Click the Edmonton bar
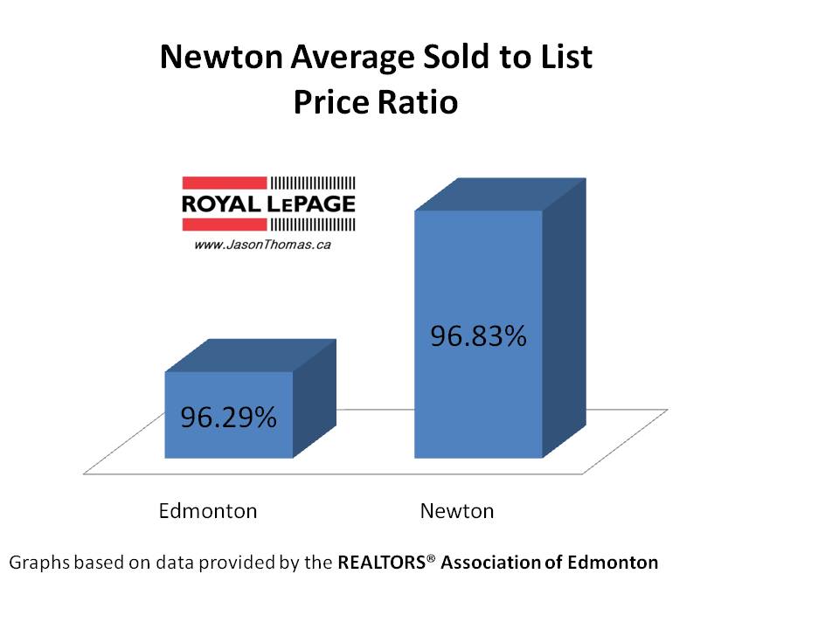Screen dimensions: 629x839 (x=229, y=414)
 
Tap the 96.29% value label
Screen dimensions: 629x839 (x=229, y=418)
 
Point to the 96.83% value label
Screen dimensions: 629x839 (x=478, y=335)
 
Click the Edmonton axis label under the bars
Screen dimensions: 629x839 (x=208, y=511)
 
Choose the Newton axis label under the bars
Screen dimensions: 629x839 (x=456, y=511)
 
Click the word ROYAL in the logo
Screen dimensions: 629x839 (x=218, y=204)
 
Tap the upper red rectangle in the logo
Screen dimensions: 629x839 (x=224, y=183)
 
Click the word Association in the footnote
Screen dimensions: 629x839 (x=490, y=563)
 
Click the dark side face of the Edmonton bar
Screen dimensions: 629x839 (x=314, y=397)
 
